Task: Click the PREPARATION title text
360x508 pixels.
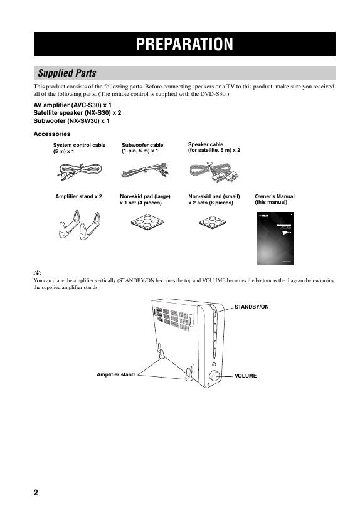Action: pyautogui.click(x=184, y=44)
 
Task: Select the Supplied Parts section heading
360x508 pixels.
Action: pyautogui.click(x=67, y=73)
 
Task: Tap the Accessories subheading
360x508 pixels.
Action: pyautogui.click(x=52, y=134)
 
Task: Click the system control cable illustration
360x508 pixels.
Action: pyautogui.click(x=80, y=172)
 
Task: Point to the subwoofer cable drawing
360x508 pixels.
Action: pyautogui.click(x=145, y=171)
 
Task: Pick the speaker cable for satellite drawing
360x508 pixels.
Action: pyautogui.click(x=214, y=172)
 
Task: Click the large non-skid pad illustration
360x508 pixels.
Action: pyautogui.click(x=147, y=222)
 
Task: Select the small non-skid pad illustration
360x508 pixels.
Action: pyautogui.click(x=212, y=222)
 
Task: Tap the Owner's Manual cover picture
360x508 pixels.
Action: pyautogui.click(x=275, y=238)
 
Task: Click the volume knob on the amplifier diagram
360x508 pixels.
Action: pyautogui.click(x=214, y=376)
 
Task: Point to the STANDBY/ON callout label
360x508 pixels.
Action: pyautogui.click(x=251, y=307)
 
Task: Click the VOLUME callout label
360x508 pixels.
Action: pyautogui.click(x=246, y=376)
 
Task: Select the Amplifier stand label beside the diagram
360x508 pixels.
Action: pyautogui.click(x=115, y=374)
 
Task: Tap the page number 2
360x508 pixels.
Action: pyautogui.click(x=36, y=492)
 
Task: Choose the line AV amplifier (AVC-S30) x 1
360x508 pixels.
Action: pyautogui.click(x=73, y=105)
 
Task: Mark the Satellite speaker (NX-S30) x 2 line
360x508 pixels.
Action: pyautogui.click(x=77, y=113)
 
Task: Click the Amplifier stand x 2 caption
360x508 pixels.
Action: pyautogui.click(x=78, y=196)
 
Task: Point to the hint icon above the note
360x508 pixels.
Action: pyautogui.click(x=38, y=273)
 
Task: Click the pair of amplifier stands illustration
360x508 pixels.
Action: pyautogui.click(x=80, y=225)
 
